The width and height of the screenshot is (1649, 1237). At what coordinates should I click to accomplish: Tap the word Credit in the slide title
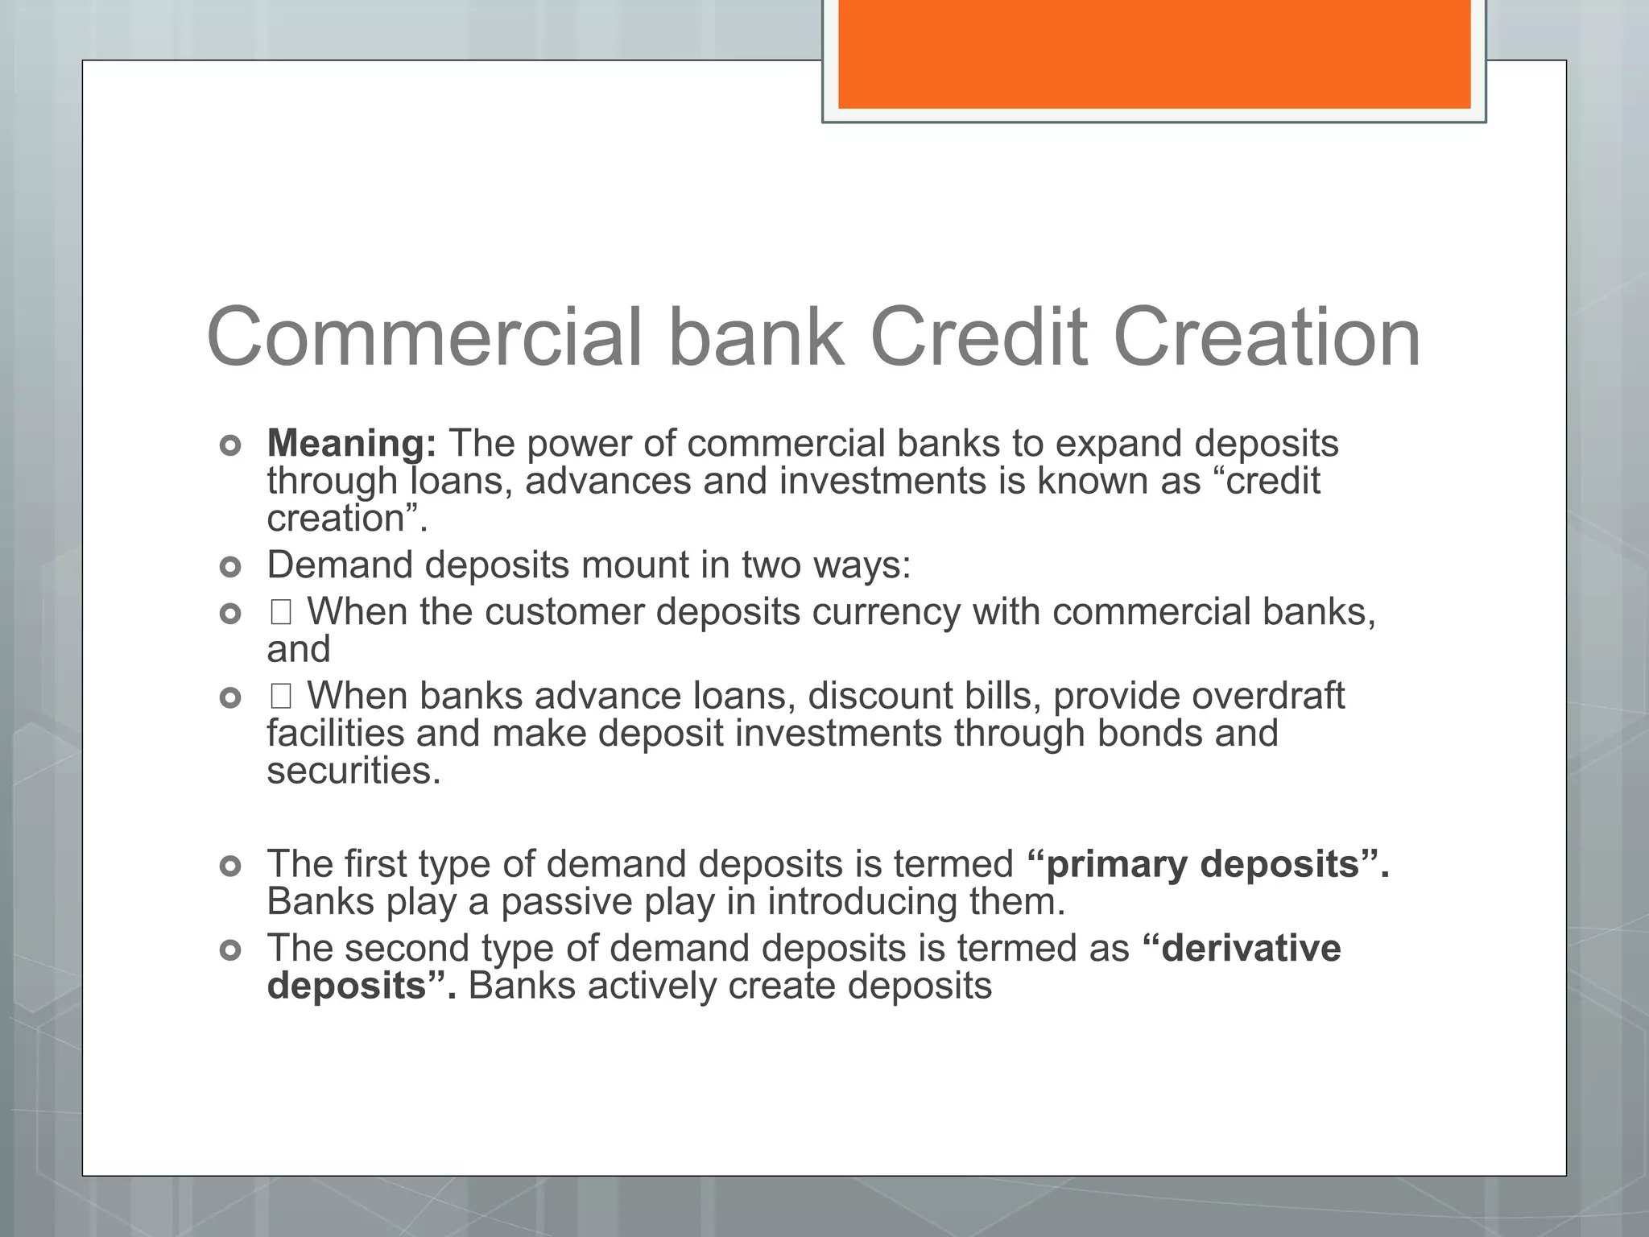coord(978,337)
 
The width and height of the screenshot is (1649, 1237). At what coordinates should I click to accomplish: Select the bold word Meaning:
coord(352,444)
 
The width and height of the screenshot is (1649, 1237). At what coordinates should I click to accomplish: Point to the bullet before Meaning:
coord(230,445)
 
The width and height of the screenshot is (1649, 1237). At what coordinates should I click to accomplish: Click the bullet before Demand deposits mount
coord(230,567)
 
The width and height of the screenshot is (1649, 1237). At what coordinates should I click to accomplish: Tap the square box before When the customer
coord(281,613)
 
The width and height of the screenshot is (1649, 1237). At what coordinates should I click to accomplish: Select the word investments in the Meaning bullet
coord(882,482)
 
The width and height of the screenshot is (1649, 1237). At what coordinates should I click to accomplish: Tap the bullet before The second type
coord(230,950)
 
